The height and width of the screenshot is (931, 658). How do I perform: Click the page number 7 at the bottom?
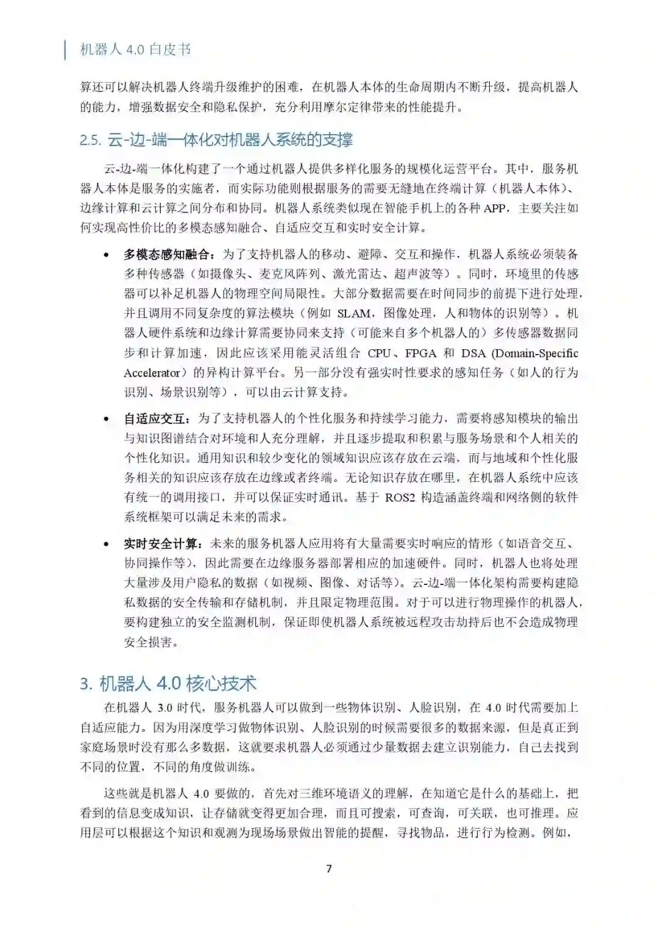pyautogui.click(x=329, y=868)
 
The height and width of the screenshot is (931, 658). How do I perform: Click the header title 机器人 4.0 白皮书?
pyautogui.click(x=135, y=49)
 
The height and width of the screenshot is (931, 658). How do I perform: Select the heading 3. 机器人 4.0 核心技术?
pyautogui.click(x=168, y=683)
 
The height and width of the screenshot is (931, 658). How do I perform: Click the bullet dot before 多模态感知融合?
pyautogui.click(x=107, y=255)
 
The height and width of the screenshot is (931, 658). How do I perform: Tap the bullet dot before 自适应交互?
pyautogui.click(x=107, y=419)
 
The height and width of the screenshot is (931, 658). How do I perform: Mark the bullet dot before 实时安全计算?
pyautogui.click(x=107, y=543)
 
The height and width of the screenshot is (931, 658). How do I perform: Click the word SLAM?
pyautogui.click(x=354, y=313)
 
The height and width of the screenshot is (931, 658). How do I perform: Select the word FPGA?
pyautogui.click(x=420, y=353)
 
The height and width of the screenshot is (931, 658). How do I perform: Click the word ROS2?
pyautogui.click(x=400, y=497)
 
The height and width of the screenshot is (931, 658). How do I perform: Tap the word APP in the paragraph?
pyautogui.click(x=495, y=208)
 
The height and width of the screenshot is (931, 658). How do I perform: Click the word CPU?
pyautogui.click(x=379, y=353)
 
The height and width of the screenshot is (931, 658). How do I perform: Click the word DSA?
pyautogui.click(x=473, y=353)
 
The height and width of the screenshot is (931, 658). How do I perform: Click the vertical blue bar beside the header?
pyautogui.click(x=66, y=49)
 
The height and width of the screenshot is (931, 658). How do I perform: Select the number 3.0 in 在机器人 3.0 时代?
pyautogui.click(x=165, y=707)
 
